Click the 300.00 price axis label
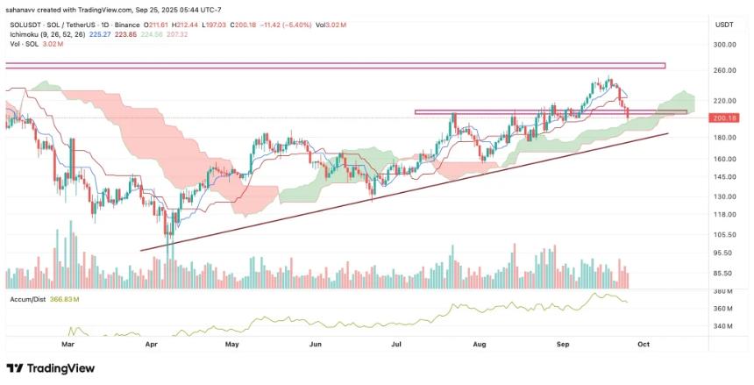[x=723, y=44]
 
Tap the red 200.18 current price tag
[x=723, y=118]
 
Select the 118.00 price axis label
[x=723, y=214]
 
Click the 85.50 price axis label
[x=723, y=273]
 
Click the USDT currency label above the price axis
[x=723, y=25]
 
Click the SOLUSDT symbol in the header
[x=24, y=24]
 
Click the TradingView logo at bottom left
[x=51, y=368]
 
